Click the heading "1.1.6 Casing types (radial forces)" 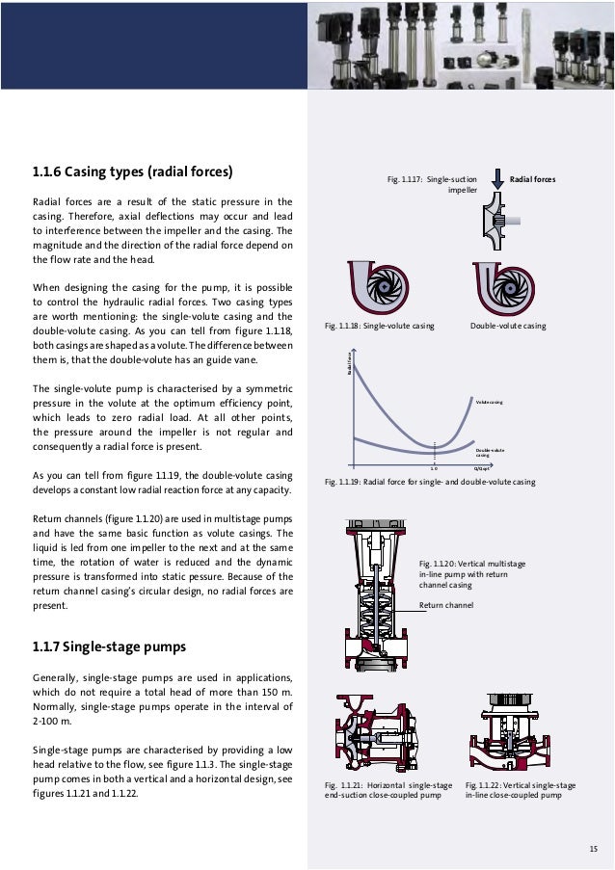(134, 173)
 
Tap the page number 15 (593, 848)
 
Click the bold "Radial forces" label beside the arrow (532, 179)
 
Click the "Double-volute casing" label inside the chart (491, 452)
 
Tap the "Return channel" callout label (446, 605)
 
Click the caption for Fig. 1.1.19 (430, 481)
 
